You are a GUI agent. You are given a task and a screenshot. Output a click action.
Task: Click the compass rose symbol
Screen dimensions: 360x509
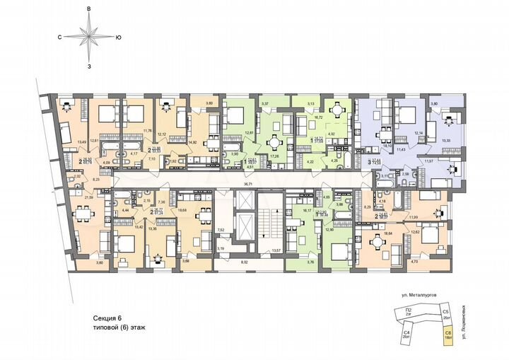tap(89, 35)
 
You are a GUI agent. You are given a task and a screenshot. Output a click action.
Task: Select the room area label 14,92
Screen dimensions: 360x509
tap(192, 142)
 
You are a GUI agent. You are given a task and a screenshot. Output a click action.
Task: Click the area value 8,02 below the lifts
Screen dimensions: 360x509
tap(245, 262)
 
